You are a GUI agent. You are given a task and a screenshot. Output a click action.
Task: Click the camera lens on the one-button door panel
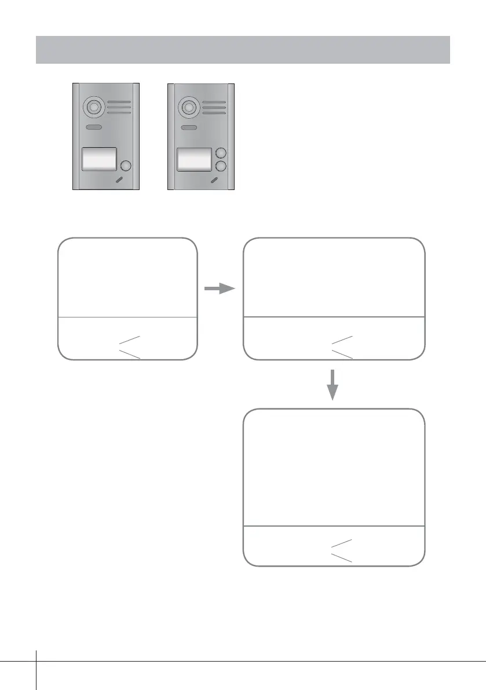92,107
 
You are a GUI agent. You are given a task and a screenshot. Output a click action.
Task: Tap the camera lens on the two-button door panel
187,107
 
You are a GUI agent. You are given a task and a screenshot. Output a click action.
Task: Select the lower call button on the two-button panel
220,166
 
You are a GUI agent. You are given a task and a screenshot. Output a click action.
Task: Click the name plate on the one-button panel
99,159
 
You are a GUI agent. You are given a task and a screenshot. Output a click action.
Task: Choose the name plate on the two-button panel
194,159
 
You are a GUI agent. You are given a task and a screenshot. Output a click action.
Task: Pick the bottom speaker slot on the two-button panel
214,113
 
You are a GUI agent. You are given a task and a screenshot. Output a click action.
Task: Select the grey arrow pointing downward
332,385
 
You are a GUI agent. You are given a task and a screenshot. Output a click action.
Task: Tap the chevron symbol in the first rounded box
129,346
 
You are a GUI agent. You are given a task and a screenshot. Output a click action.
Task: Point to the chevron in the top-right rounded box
341,346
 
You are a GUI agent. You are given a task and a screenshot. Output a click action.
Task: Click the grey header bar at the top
243,49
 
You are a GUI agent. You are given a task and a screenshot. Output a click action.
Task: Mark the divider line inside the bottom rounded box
333,526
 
